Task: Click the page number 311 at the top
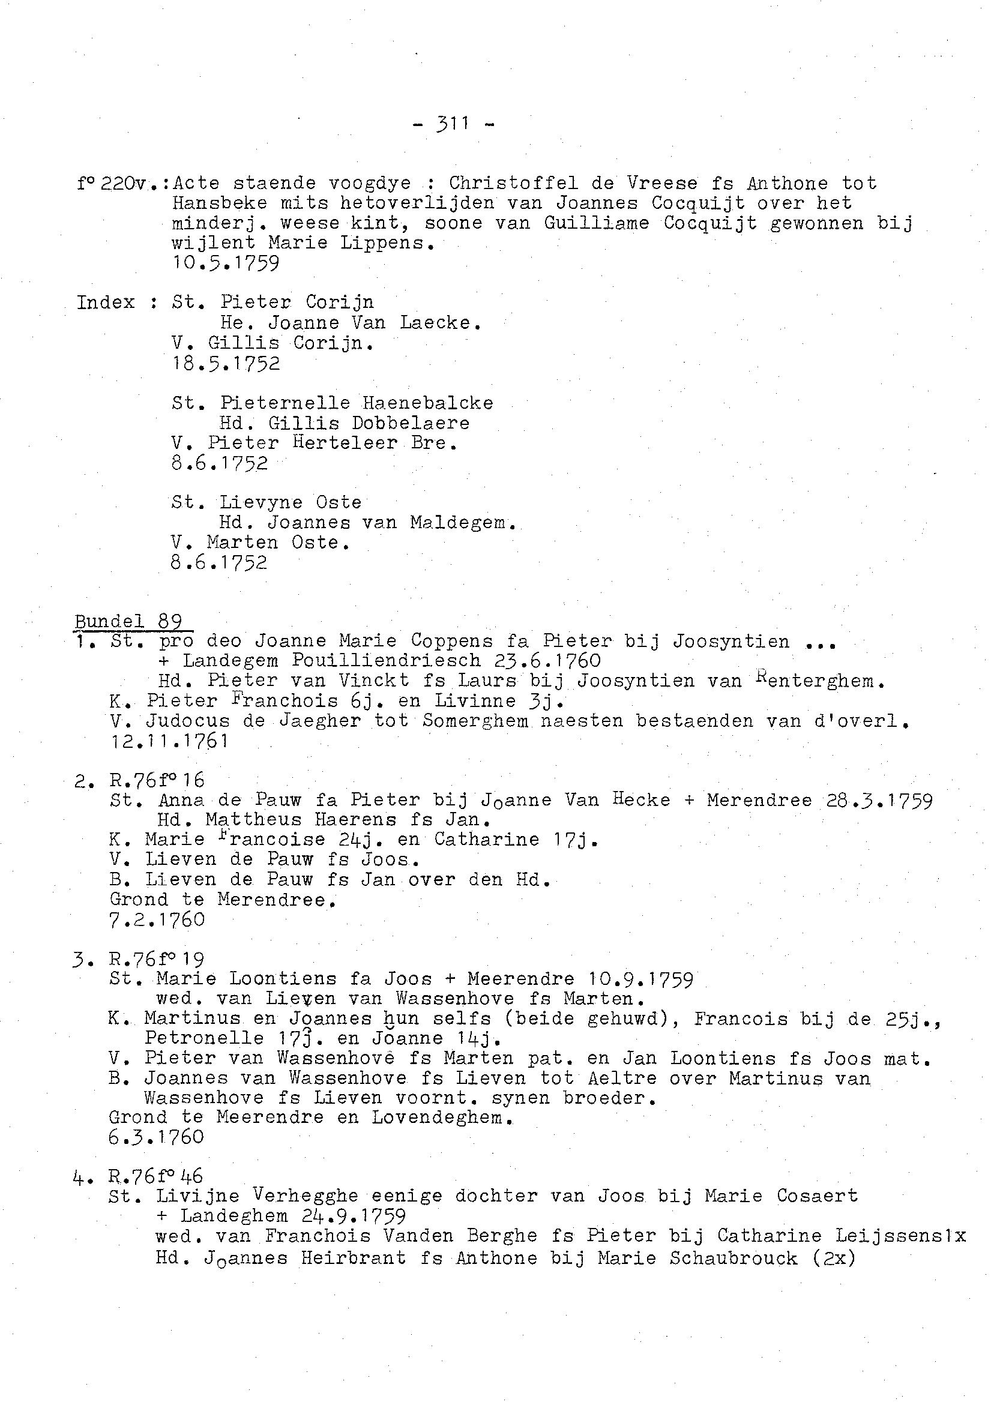[454, 124]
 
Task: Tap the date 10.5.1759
[225, 263]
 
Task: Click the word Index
[105, 302]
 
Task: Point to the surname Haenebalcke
[427, 403]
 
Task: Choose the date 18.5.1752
[225, 364]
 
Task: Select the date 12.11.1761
[169, 742]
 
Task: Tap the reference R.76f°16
[157, 781]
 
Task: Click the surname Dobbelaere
[410, 424]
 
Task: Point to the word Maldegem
[463, 523]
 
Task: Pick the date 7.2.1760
[157, 920]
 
